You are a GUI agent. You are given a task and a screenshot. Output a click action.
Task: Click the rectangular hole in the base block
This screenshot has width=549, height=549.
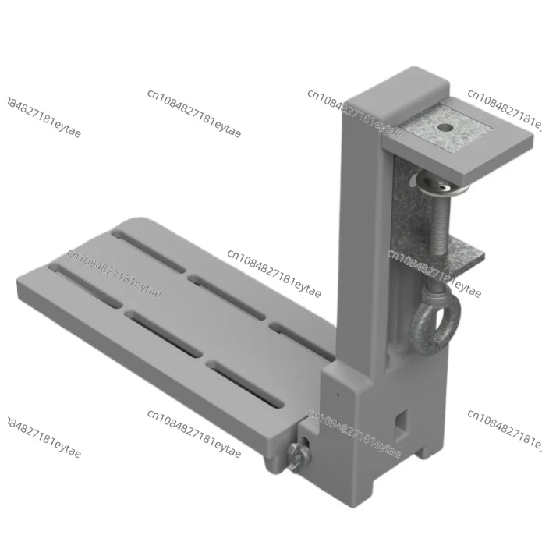coord(402,420)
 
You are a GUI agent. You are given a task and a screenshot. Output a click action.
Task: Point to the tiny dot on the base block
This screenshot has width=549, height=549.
coord(337,395)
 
